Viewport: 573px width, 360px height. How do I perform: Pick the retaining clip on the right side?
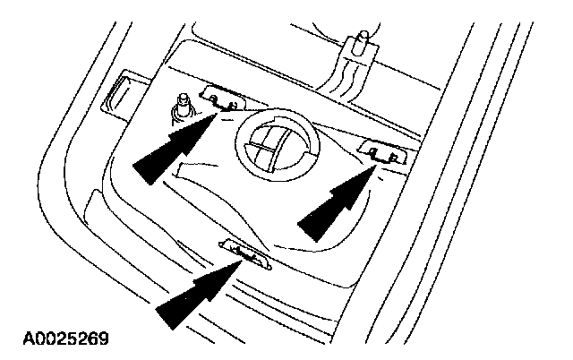pos(382,151)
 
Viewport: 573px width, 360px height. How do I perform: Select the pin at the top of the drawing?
pos(363,41)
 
